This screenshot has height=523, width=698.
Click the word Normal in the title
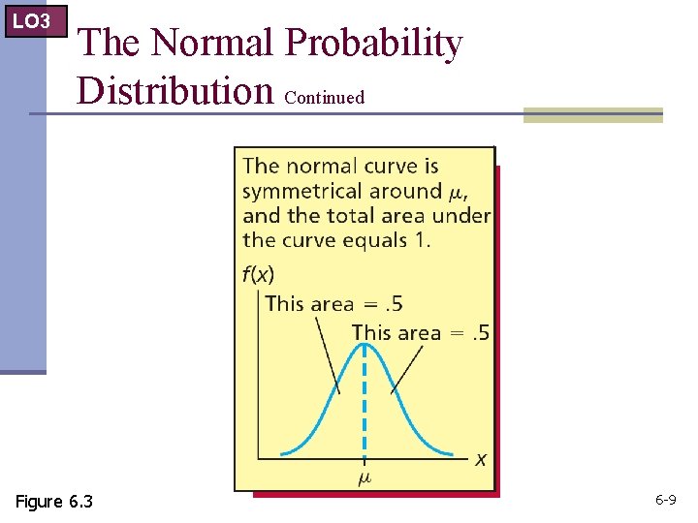[214, 44]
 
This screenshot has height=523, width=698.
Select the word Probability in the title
[375, 44]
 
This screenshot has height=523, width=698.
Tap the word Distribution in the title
[175, 90]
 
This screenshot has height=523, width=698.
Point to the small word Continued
[325, 97]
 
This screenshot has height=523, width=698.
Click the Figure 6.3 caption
[54, 501]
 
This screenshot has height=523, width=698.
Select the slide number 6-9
[665, 501]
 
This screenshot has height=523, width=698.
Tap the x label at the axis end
[480, 459]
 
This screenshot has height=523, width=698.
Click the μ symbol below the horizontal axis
[365, 477]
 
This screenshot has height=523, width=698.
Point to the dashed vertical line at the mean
[365, 407]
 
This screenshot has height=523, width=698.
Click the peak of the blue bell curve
[365, 347]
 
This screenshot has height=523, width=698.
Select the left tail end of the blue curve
[283, 452]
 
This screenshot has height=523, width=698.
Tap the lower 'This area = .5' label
[421, 333]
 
